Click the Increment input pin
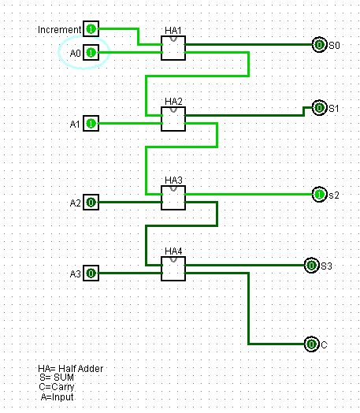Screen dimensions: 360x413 (x=91, y=28)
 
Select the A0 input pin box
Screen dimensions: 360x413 (x=91, y=53)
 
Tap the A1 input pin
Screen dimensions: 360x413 (x=91, y=123)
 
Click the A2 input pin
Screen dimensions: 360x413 (x=91, y=203)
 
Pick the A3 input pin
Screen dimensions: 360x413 (x=91, y=273)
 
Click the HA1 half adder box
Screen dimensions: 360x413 (x=173, y=48)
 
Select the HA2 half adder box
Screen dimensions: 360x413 (x=173, y=119)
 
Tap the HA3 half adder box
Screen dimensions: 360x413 (x=173, y=198)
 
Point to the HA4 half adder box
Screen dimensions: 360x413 (x=173, y=269)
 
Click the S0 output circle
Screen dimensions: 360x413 (x=320, y=44)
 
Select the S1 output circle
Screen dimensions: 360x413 (x=320, y=107)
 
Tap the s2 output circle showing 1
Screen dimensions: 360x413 (x=320, y=195)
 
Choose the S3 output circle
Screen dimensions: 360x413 (x=312, y=266)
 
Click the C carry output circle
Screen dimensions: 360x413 (x=312, y=344)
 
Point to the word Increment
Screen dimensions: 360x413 (x=59, y=29)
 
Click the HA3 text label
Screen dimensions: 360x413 (x=173, y=180)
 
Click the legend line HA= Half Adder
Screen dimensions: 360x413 (x=71, y=369)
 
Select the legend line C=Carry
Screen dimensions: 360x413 (x=57, y=387)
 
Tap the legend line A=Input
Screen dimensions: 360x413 (x=57, y=397)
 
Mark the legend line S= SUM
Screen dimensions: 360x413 (x=57, y=378)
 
